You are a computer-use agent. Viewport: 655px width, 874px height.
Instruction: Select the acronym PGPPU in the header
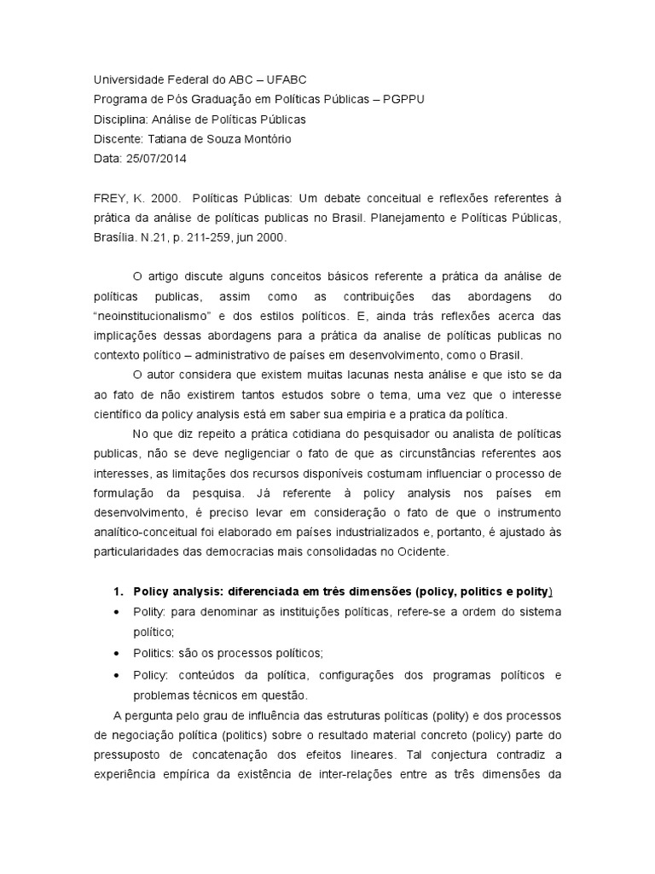[x=399, y=99]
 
